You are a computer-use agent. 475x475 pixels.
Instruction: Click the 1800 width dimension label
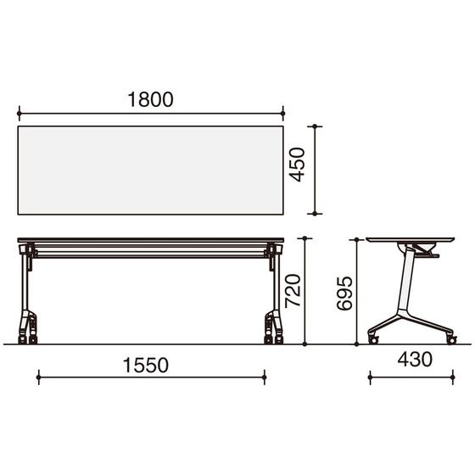click(x=151, y=99)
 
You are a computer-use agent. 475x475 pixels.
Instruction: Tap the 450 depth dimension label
click(x=296, y=165)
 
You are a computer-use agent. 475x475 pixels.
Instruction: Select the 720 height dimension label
click(x=293, y=290)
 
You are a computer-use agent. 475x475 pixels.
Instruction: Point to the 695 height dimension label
click(x=344, y=293)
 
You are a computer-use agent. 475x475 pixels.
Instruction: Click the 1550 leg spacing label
click(x=146, y=365)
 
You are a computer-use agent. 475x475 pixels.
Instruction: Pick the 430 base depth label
click(x=415, y=360)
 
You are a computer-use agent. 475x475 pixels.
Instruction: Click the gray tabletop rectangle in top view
click(x=151, y=170)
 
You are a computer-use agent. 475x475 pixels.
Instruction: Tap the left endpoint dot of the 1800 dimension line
click(x=19, y=114)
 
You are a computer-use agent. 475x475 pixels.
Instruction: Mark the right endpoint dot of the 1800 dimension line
click(x=283, y=114)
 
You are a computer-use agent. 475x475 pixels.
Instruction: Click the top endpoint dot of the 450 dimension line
click(x=315, y=126)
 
